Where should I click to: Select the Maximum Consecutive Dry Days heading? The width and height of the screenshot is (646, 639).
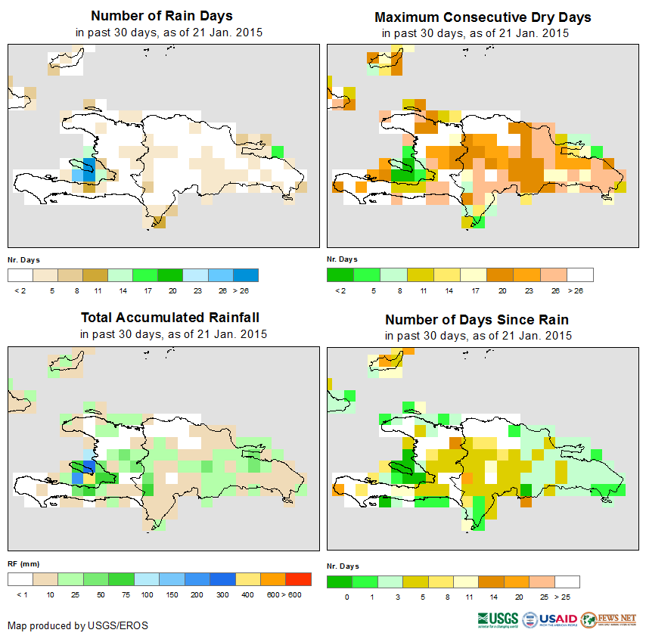(483, 17)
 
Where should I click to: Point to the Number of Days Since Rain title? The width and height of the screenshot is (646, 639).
(477, 319)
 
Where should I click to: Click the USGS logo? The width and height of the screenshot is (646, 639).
(498, 620)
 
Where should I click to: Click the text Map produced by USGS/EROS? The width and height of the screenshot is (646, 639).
(78, 625)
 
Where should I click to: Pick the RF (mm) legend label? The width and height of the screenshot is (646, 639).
(24, 563)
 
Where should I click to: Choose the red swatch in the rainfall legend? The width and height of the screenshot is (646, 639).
(298, 579)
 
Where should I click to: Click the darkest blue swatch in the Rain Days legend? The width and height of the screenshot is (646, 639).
(247, 275)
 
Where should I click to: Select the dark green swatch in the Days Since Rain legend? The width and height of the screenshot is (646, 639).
(340, 582)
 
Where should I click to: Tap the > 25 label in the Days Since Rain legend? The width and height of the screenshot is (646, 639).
(567, 597)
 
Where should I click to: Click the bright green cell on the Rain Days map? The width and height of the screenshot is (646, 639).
(278, 152)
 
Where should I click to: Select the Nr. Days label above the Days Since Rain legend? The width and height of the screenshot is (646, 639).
(343, 566)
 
